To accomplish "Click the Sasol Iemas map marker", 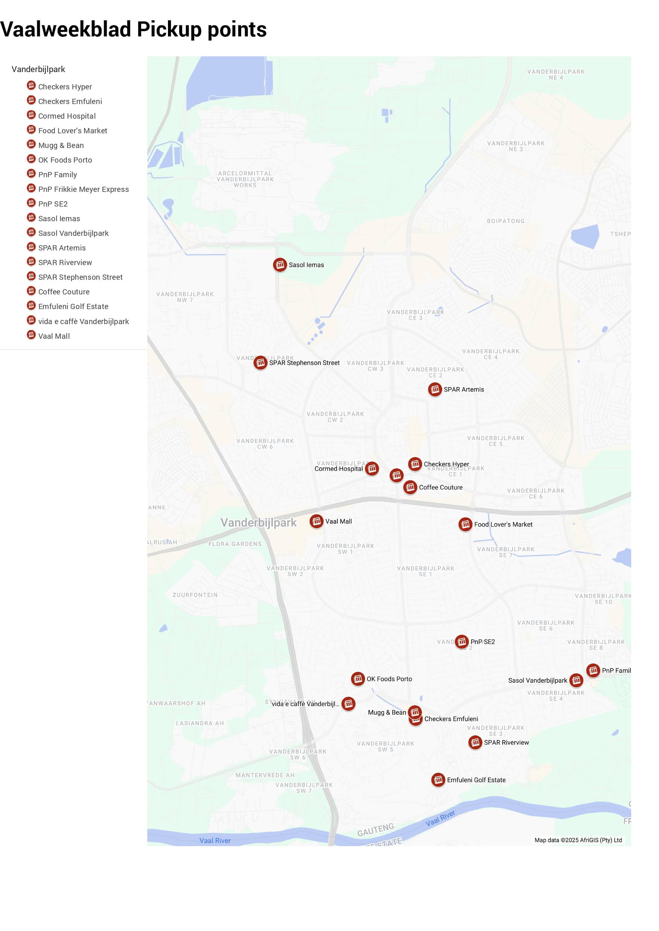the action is point(280,265).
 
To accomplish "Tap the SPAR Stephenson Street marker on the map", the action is point(260,363).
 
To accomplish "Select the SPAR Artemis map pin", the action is point(435,389).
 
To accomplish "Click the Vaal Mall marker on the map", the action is point(316,521).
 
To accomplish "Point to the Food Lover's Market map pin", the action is point(465,524).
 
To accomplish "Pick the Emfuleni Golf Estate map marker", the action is point(438,780).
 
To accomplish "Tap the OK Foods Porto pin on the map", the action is point(358,679).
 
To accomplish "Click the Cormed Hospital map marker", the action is point(372,469).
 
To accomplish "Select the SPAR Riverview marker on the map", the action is point(475,742).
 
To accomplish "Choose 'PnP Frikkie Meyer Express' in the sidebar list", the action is point(83,189).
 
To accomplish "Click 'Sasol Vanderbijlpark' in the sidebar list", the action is point(73,233).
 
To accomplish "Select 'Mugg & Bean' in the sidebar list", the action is point(61,145).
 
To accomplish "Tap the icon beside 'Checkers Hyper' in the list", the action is point(31,85).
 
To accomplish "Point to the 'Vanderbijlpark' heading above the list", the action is point(38,69).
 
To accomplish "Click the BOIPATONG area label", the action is point(506,221).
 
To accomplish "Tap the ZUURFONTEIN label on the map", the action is point(195,595).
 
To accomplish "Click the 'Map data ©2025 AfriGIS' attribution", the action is point(578,840).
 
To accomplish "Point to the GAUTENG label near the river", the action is point(375,830).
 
